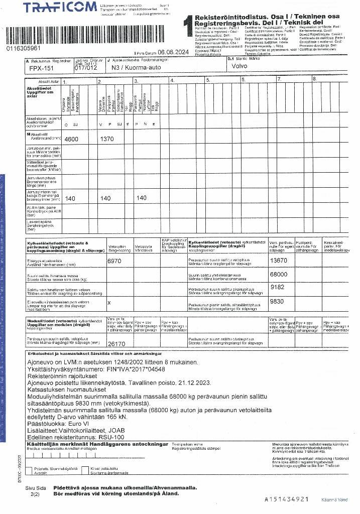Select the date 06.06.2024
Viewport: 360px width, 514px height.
tap(173, 52)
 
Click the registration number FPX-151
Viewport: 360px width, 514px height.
tap(41, 68)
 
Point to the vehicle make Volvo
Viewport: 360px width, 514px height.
tap(239, 66)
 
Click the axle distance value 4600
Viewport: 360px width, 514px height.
tap(72, 139)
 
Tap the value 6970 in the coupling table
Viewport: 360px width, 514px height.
tap(114, 261)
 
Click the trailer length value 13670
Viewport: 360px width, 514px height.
tap(279, 261)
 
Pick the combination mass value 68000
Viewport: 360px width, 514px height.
tap(279, 275)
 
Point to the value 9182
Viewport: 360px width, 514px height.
tap(277, 287)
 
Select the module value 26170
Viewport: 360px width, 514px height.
tap(116, 344)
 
